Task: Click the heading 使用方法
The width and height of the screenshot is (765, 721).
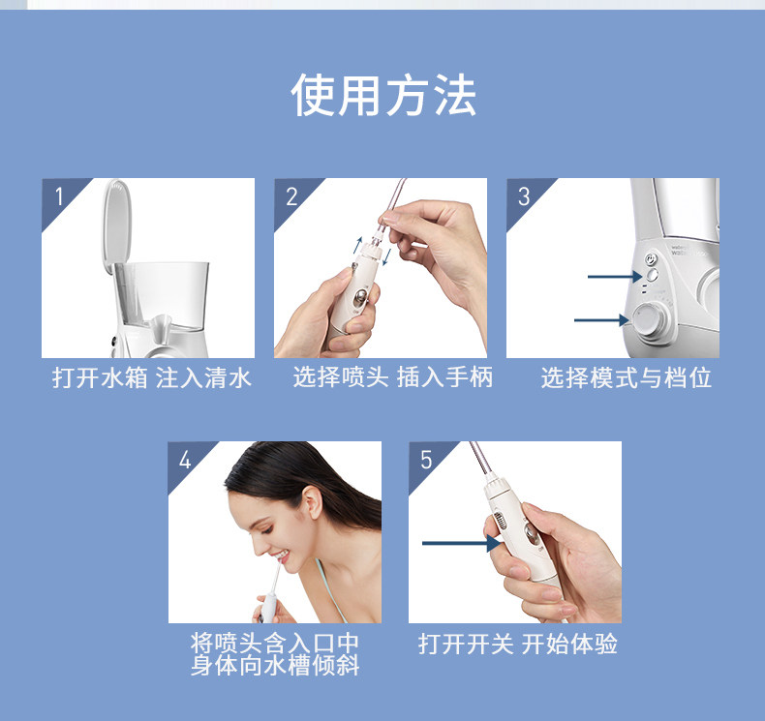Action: pos(383,95)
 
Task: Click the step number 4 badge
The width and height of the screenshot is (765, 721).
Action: pos(184,460)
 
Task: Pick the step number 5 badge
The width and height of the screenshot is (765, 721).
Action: pos(426,460)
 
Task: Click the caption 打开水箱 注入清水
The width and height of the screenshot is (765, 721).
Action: pos(151,377)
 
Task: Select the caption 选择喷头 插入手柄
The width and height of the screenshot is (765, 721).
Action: pos(393,377)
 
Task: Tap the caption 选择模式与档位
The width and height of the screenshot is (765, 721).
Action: pos(626,377)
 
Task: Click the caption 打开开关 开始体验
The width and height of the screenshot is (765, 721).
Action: pos(518,644)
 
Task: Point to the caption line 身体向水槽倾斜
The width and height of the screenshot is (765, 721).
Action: pos(275,666)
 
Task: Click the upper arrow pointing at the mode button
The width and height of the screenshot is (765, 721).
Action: pos(615,277)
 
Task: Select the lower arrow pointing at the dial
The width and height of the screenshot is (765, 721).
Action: pos(601,320)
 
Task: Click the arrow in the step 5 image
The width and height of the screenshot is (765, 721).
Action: pos(461,543)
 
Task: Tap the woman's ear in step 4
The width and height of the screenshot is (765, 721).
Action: pos(312,502)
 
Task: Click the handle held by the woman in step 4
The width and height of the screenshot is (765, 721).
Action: pos(269,607)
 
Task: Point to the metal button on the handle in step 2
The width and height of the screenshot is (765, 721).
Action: pos(360,296)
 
